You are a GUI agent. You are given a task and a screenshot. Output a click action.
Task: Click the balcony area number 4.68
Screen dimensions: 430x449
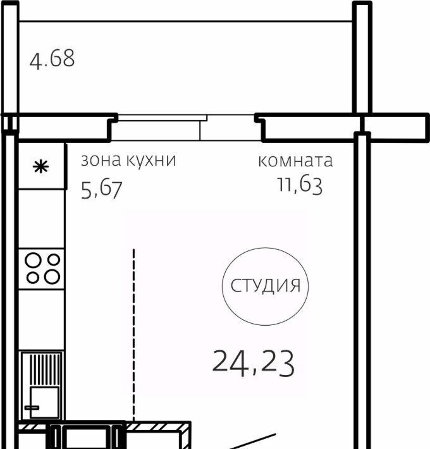click(52, 59)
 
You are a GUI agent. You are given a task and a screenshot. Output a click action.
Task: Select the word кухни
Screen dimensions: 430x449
click(151, 161)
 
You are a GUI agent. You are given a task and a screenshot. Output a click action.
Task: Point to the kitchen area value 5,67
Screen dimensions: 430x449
click(102, 190)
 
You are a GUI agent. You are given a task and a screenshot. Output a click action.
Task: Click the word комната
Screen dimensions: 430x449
click(295, 161)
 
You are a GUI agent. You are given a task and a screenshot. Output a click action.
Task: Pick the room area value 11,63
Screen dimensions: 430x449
click(300, 185)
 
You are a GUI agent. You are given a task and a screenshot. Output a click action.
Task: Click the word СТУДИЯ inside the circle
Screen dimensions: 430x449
click(266, 286)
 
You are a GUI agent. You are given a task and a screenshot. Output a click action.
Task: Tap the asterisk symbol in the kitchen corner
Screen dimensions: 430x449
click(40, 167)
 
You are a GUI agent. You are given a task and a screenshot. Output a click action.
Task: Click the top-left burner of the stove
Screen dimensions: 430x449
click(33, 261)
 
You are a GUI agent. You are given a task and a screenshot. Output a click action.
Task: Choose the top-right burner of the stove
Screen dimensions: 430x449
click(54, 260)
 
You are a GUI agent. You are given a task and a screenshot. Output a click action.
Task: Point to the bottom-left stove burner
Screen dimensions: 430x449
click(33, 278)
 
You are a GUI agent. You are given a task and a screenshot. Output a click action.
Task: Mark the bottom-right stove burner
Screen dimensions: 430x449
click(52, 277)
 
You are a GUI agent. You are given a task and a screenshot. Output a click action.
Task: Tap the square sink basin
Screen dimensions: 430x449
click(44, 402)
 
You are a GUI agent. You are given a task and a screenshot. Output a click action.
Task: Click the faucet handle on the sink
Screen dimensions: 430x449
click(32, 408)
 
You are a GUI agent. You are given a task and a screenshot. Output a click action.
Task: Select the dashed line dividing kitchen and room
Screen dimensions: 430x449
click(133, 335)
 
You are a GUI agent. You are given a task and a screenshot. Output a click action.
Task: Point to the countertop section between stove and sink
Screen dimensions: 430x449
click(41, 320)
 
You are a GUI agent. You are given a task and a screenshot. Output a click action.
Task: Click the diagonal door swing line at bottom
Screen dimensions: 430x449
click(252, 441)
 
